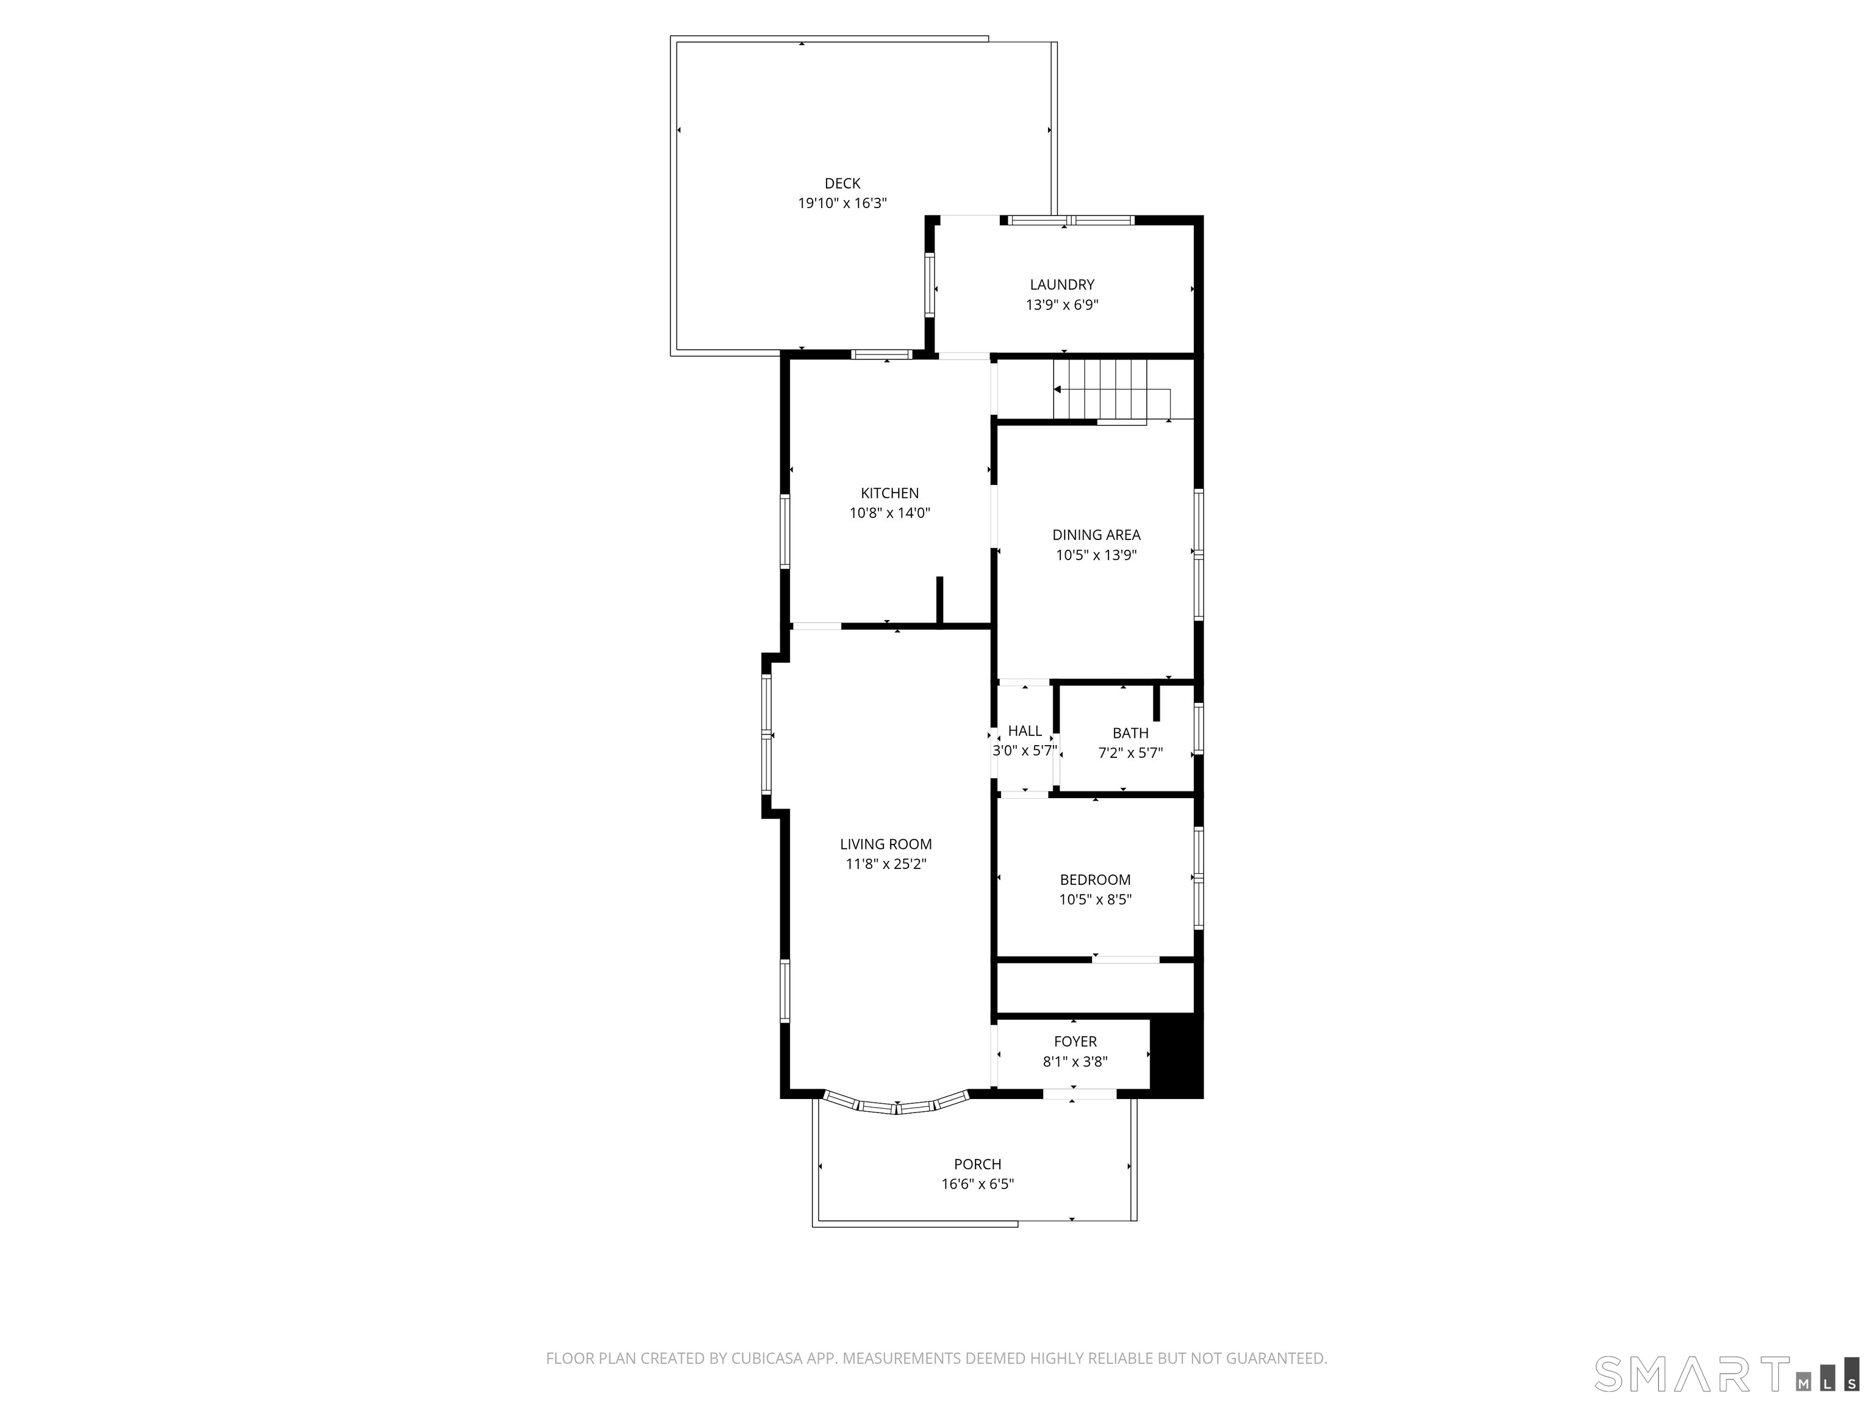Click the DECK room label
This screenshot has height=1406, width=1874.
(842, 183)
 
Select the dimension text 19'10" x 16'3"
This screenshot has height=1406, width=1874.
(842, 203)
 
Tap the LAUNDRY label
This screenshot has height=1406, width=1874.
(1061, 285)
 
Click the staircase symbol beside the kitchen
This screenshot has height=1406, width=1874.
(1100, 389)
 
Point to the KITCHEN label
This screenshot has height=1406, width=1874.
(889, 493)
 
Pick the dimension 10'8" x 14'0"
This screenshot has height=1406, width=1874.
(889, 513)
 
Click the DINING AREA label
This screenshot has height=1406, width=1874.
(1096, 535)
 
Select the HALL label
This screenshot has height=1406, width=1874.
(1024, 730)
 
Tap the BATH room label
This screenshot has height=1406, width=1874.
(1130, 733)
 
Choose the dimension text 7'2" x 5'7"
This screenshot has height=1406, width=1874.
(1130, 752)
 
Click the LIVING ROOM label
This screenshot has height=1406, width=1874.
(885, 844)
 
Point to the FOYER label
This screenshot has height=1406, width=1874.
(1075, 1042)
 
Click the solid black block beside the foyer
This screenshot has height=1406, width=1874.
(1176, 1057)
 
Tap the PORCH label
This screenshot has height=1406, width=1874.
(977, 1164)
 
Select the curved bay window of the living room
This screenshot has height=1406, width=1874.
(896, 1105)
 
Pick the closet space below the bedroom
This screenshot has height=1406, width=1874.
(1094, 987)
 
